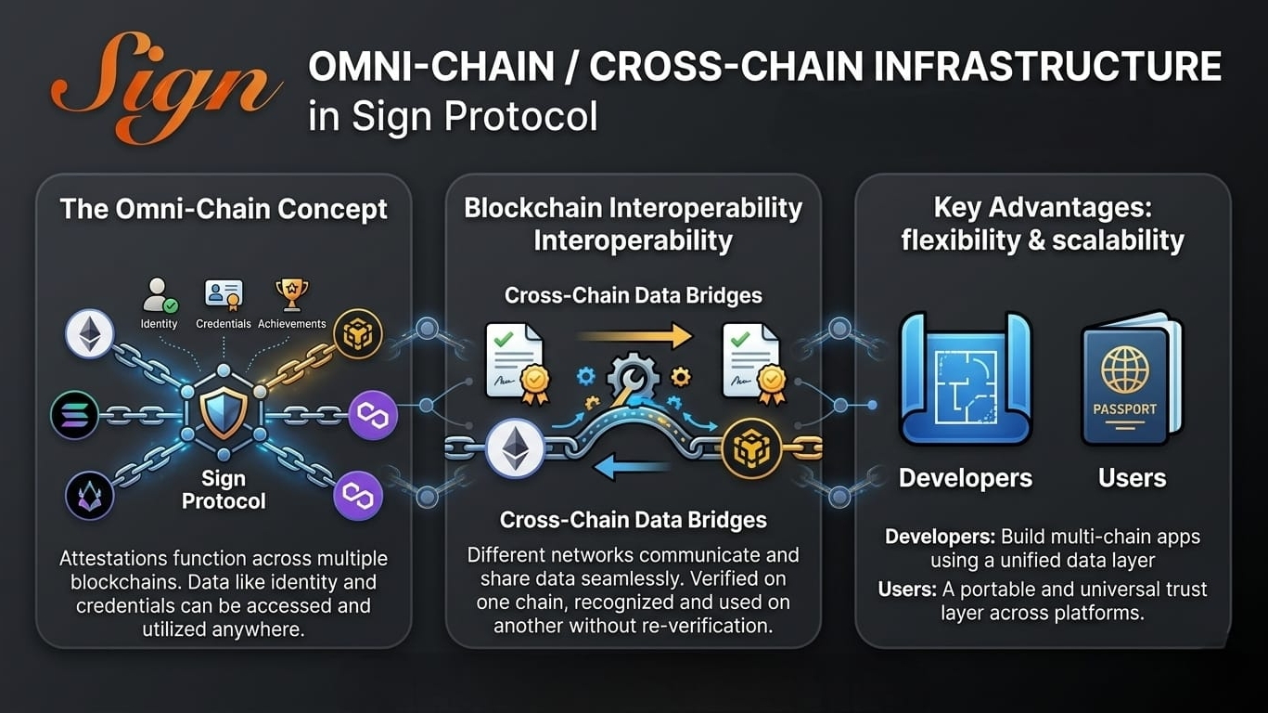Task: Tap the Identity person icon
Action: point(159,295)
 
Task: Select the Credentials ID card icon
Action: point(223,295)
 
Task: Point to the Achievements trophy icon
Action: point(291,294)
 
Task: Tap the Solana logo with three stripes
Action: point(75,415)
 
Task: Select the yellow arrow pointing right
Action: point(633,336)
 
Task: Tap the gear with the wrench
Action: point(633,381)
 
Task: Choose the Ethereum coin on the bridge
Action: point(513,448)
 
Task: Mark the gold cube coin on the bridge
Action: point(751,448)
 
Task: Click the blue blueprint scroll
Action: point(965,381)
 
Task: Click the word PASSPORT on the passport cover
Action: point(1124,408)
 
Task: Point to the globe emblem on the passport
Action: point(1124,368)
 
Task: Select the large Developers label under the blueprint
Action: point(965,478)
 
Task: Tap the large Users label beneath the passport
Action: point(1132,478)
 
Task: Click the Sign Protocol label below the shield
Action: point(224,490)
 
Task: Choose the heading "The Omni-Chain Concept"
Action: point(224,209)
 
